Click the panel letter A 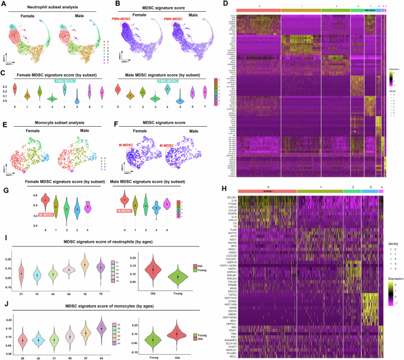[x=4, y=5]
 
